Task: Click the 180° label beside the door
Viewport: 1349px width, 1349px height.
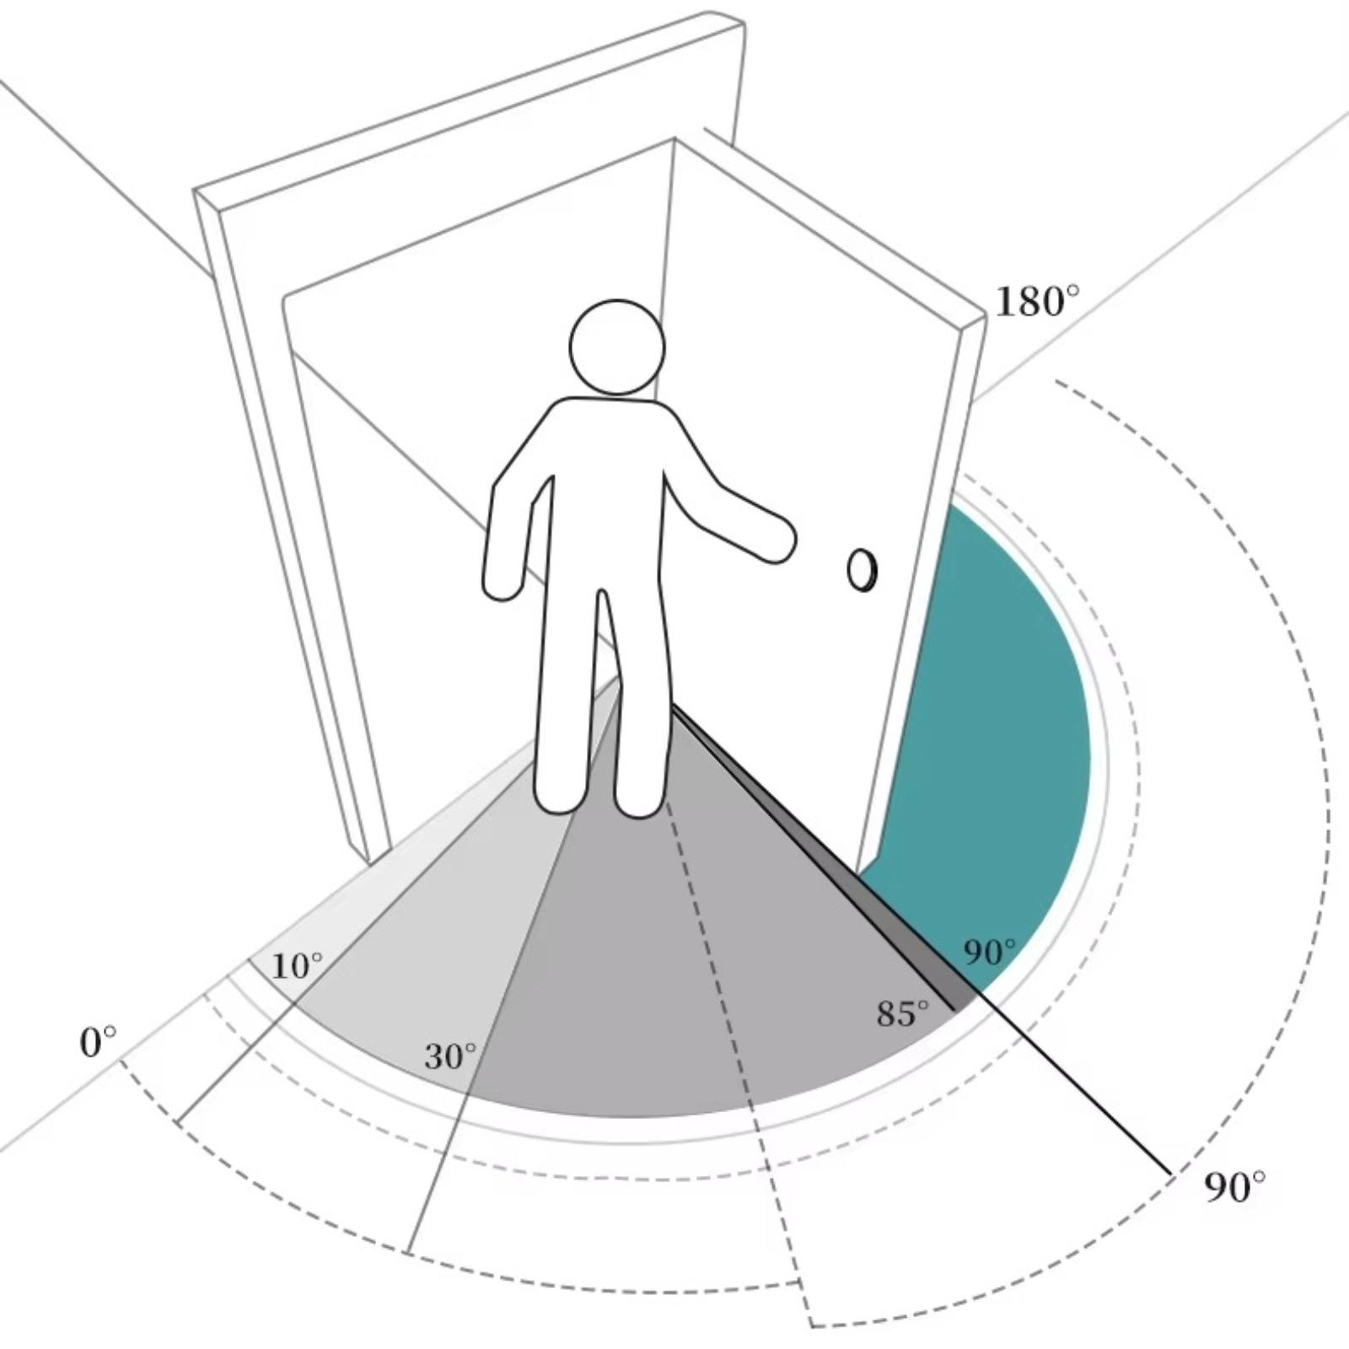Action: click(1037, 301)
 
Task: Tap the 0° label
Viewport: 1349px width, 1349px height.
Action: click(99, 1043)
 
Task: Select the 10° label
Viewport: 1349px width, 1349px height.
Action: click(297, 966)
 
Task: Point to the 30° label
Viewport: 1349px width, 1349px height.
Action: click(449, 1056)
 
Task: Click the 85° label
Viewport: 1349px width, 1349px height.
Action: click(903, 1013)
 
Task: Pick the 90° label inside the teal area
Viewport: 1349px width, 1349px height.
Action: click(990, 952)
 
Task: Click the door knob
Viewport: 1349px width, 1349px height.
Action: click(862, 571)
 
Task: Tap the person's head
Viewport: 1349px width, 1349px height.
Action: click(617, 347)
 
